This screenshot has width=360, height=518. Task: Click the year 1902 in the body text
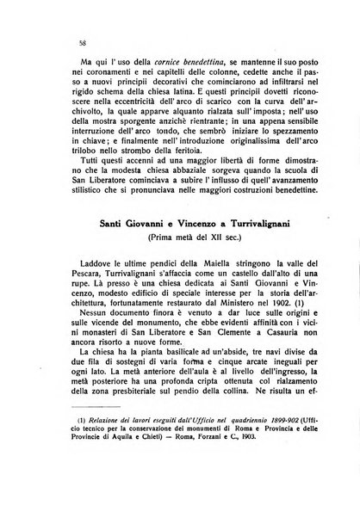(x=265, y=348)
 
